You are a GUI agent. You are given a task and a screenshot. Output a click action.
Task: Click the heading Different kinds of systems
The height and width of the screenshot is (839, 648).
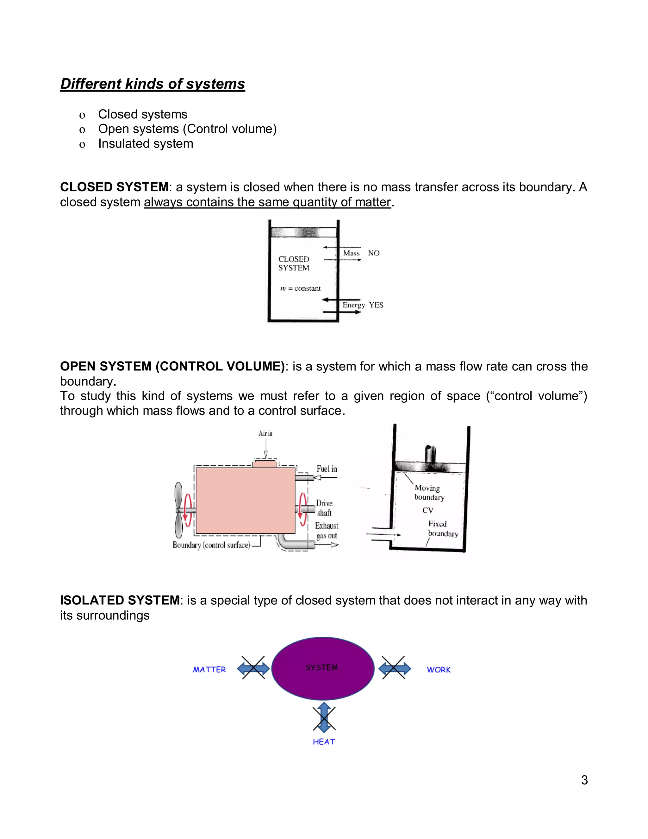click(x=153, y=84)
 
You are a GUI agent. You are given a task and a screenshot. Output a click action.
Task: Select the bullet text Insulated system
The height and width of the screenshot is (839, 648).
click(x=146, y=144)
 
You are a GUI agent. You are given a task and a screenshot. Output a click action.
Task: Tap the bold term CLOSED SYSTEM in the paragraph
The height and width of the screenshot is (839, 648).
click(x=114, y=187)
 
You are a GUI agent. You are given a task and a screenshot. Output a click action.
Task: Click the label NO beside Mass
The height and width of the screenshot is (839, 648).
click(x=374, y=253)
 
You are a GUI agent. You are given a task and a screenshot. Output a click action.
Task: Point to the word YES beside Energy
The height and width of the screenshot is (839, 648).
click(x=376, y=305)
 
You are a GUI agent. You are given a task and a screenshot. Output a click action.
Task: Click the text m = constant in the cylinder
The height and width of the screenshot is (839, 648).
click(x=300, y=288)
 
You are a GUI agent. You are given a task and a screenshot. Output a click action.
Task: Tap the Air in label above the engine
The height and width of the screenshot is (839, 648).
click(x=265, y=433)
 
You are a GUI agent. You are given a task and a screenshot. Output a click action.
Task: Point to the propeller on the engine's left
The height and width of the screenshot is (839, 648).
click(x=179, y=510)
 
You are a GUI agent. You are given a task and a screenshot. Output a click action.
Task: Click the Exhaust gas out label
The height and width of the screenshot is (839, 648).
click(x=327, y=531)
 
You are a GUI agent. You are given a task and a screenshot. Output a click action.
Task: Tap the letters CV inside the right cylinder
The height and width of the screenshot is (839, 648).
click(x=428, y=510)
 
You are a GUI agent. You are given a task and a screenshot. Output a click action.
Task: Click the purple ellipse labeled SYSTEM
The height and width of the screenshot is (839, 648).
click(x=322, y=668)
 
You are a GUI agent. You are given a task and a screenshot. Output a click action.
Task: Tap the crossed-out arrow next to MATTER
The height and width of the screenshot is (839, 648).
click(x=253, y=669)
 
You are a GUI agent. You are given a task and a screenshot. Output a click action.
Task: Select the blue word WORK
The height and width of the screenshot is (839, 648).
click(x=439, y=670)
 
